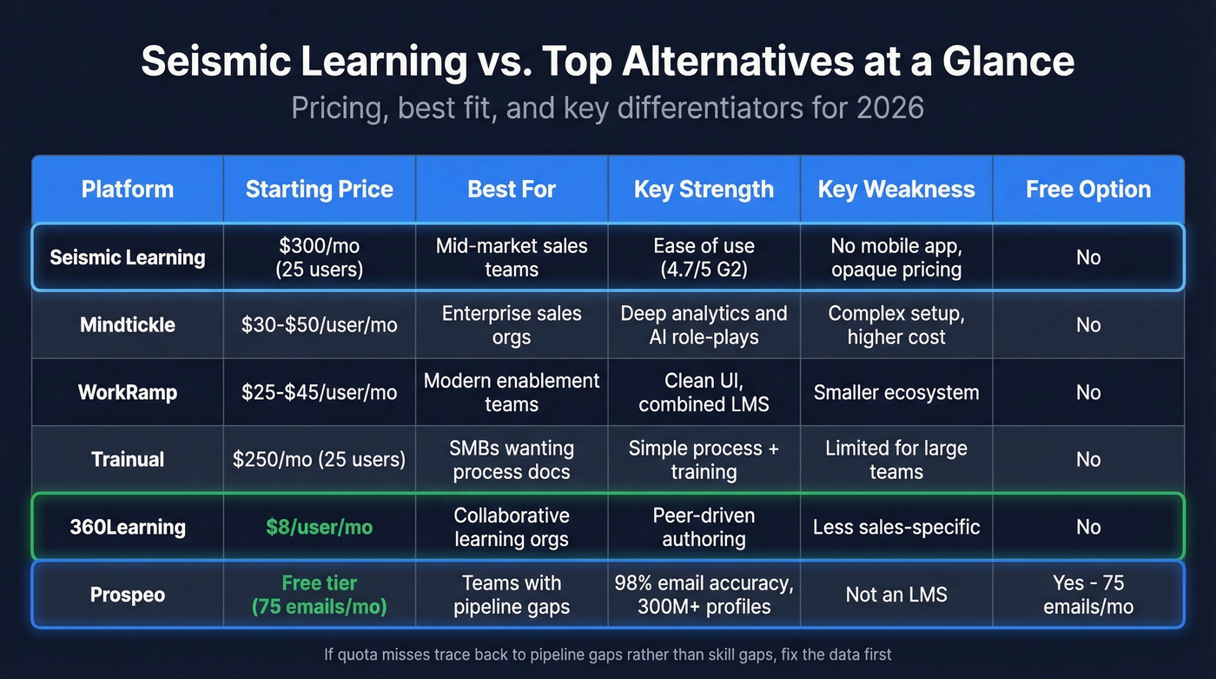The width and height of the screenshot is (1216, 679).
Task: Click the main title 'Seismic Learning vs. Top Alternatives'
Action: [607, 63]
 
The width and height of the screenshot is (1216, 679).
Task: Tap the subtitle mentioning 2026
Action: [607, 108]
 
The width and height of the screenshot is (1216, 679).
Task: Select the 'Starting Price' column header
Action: [319, 190]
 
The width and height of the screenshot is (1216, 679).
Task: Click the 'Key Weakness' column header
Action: [895, 190]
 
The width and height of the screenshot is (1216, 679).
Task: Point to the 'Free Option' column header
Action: [1087, 190]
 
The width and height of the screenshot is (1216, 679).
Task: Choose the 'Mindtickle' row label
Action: [128, 325]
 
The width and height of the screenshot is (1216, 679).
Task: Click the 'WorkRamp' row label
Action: [128, 392]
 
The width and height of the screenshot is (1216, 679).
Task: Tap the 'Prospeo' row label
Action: [128, 595]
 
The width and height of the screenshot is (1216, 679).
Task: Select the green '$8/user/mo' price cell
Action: [319, 527]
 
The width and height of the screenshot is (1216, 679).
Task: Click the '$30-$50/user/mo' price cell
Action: [319, 325]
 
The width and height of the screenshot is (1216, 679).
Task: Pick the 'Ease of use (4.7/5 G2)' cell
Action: [704, 257]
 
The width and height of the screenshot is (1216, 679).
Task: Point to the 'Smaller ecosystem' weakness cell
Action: [895, 392]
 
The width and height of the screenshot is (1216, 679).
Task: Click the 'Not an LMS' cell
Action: [895, 595]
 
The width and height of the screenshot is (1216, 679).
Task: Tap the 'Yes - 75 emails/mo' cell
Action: [1087, 595]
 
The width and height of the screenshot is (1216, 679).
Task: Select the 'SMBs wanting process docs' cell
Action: [512, 460]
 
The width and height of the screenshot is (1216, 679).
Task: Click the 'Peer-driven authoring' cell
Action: [704, 527]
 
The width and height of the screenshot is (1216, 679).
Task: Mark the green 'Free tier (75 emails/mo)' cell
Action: [319, 595]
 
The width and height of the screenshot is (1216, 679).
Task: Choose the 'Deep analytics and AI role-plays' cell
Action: [704, 325]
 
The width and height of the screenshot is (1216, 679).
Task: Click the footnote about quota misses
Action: [607, 653]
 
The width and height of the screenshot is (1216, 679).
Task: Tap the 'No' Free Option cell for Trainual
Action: [1087, 460]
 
